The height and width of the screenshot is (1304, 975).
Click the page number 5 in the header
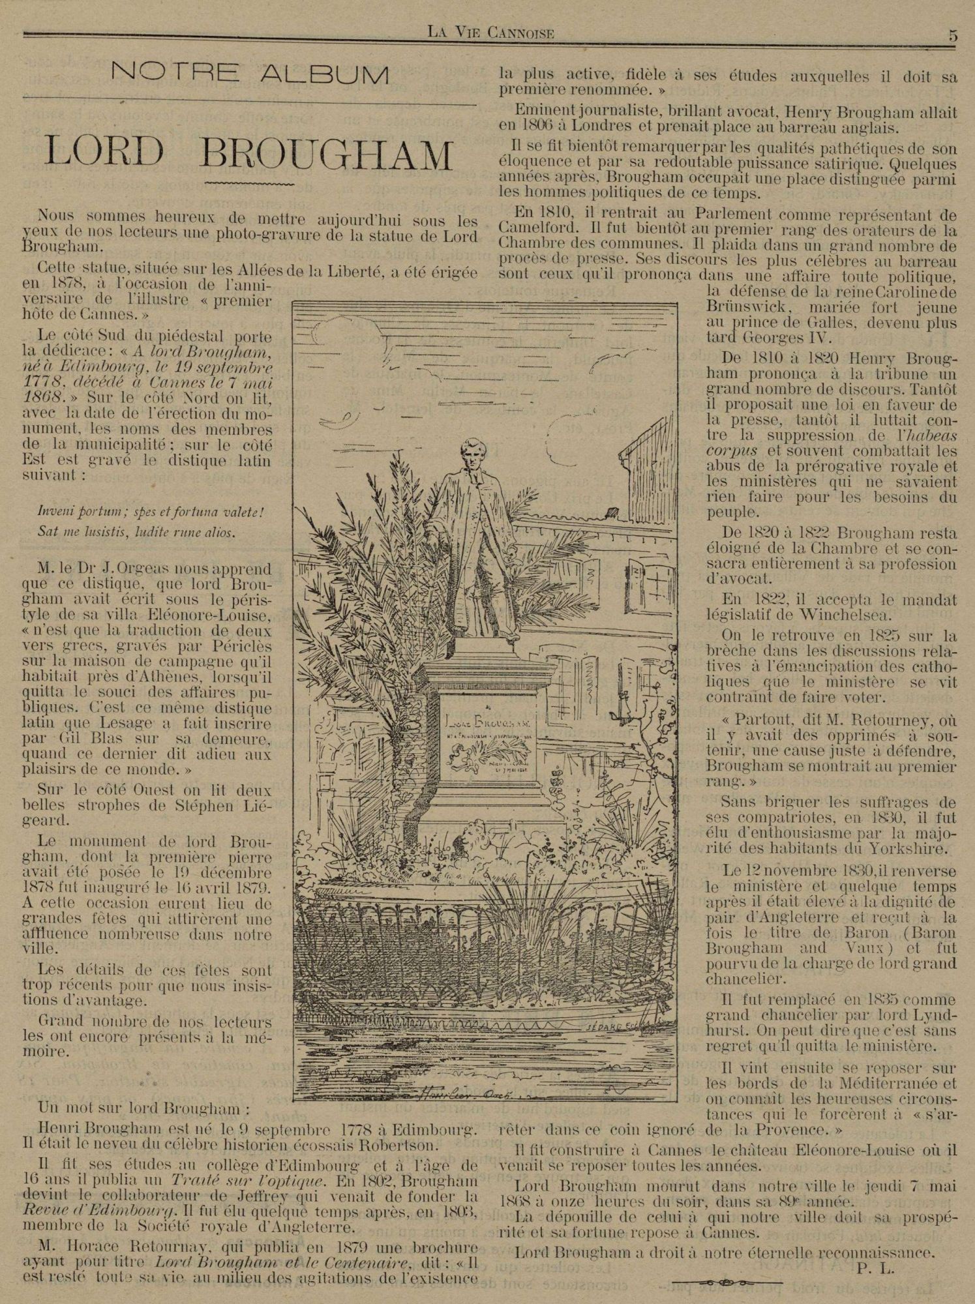pyautogui.click(x=953, y=37)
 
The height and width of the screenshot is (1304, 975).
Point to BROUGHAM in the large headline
pyautogui.click(x=327, y=153)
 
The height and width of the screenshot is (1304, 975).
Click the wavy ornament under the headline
pyautogui.click(x=250, y=185)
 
